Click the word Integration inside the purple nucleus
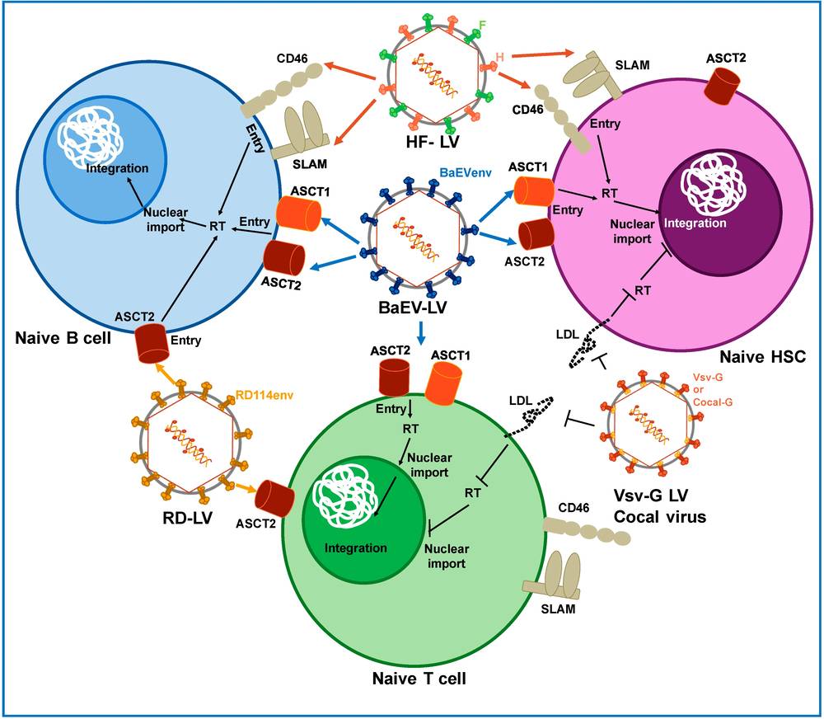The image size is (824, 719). point(696,223)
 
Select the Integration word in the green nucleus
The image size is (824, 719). point(355,548)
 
